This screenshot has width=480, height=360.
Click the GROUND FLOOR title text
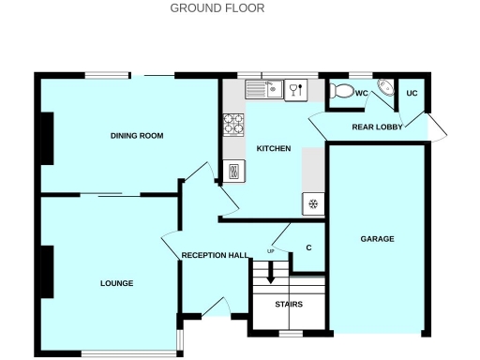[x=217, y=8]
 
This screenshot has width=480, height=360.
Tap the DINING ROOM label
[x=137, y=136]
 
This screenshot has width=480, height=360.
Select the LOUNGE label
[x=117, y=283]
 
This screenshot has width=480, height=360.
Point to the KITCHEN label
[x=274, y=149]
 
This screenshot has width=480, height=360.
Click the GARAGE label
[x=378, y=239]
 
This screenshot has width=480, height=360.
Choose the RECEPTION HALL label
[x=215, y=255]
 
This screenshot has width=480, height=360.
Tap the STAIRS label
[x=288, y=304]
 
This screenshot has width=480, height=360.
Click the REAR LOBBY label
[x=377, y=127]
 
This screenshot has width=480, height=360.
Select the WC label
[x=361, y=94]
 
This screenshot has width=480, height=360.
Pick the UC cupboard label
[x=411, y=94]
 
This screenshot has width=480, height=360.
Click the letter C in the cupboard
[x=308, y=248]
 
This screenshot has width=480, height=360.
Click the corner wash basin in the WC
[x=385, y=87]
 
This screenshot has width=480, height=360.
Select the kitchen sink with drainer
[x=263, y=89]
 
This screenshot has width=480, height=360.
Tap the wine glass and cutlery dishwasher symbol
[x=295, y=89]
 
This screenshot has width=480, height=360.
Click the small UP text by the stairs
[x=272, y=251]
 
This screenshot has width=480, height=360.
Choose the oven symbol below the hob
[x=233, y=170]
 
